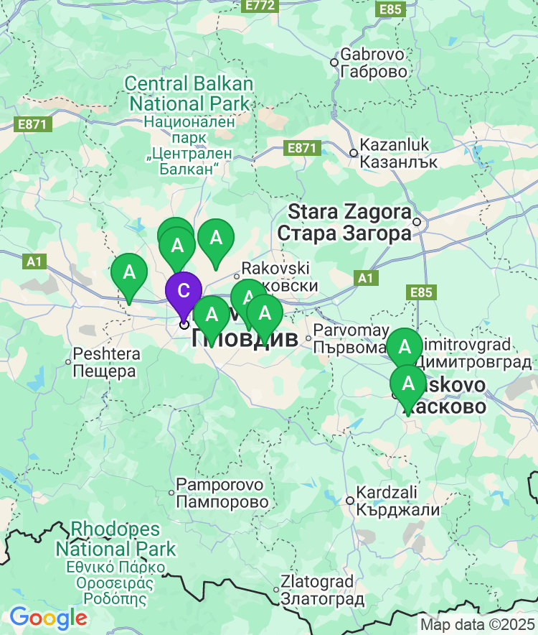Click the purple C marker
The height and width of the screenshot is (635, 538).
pyautogui.click(x=184, y=292)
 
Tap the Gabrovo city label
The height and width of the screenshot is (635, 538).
pyautogui.click(x=374, y=62)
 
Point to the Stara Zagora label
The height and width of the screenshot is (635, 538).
pyautogui.click(x=349, y=223)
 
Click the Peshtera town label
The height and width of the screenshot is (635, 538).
pyautogui.click(x=105, y=363)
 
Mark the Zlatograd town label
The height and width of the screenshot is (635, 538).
pyautogui.click(x=317, y=589)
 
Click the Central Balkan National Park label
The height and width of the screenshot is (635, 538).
pyautogui.click(x=189, y=93)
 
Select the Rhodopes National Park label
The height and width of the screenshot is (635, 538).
pyautogui.click(x=115, y=539)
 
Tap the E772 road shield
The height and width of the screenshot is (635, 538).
pyautogui.click(x=259, y=6)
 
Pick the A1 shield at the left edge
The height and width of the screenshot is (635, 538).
pyautogui.click(x=34, y=261)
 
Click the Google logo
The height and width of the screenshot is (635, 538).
pyautogui.click(x=48, y=617)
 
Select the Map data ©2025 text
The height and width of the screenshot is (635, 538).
pyautogui.click(x=477, y=624)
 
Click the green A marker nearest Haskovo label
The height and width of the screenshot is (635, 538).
pyautogui.click(x=409, y=384)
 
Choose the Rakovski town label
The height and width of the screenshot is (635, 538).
pyautogui.click(x=276, y=277)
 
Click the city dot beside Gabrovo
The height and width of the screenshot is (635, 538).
pyautogui.click(x=334, y=62)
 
